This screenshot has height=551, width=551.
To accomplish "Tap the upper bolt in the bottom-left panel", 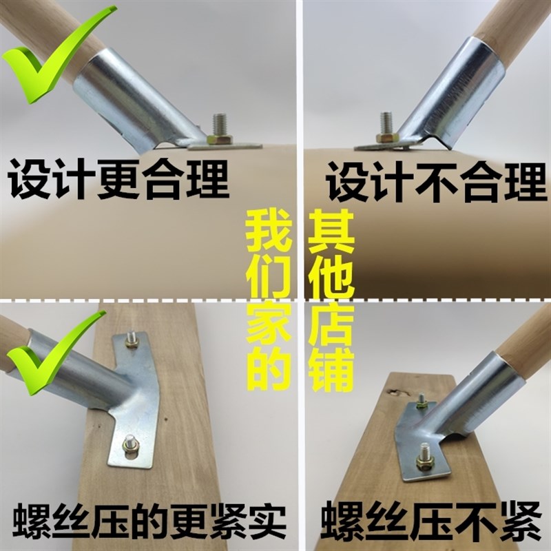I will coord(132,340).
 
